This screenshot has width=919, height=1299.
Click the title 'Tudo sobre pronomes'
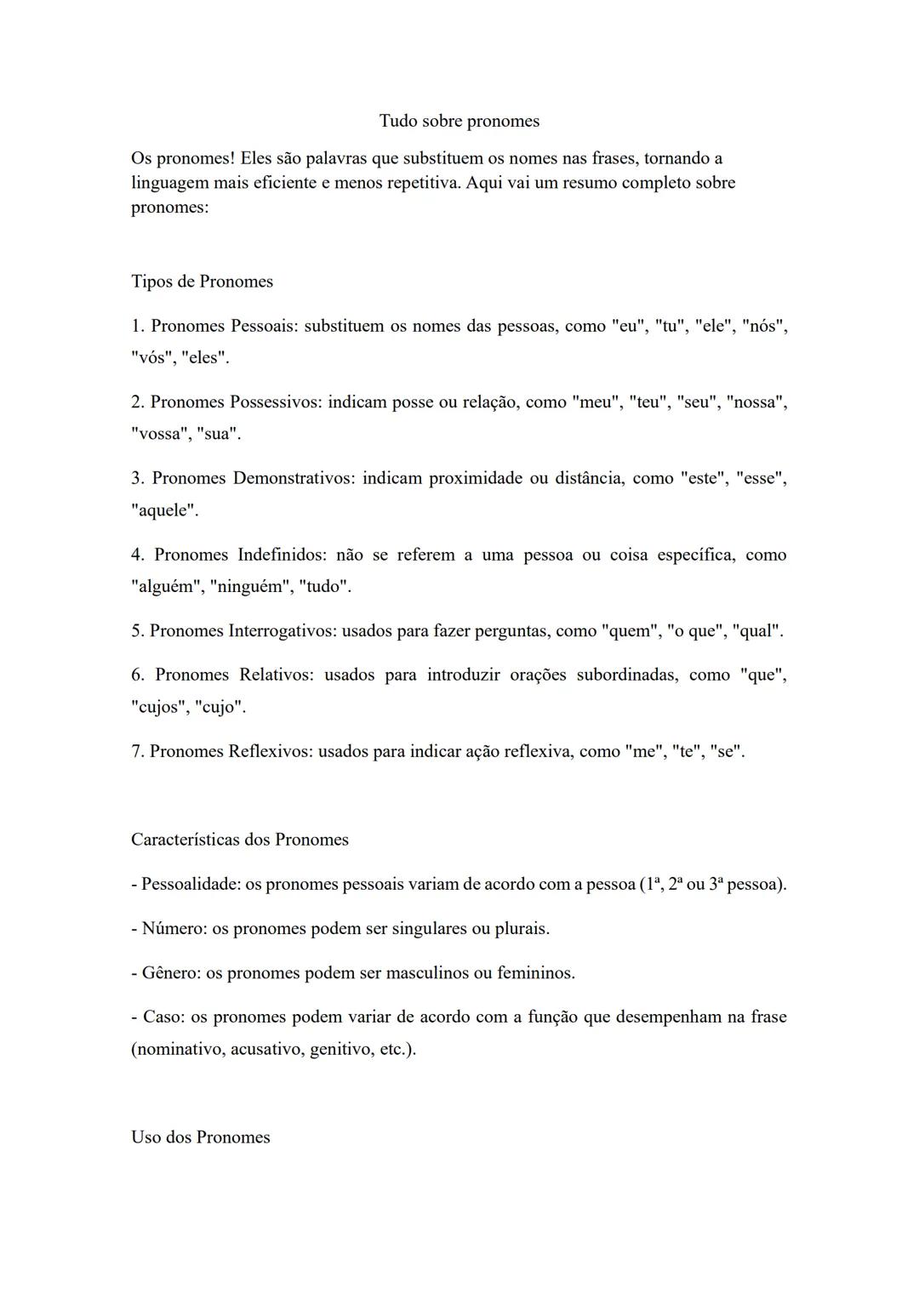pyautogui.click(x=459, y=121)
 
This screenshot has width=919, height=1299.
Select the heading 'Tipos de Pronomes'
pyautogui.click(x=202, y=282)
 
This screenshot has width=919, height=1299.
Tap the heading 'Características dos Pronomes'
pyautogui.click(x=239, y=840)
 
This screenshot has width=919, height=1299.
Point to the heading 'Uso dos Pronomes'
pyautogui.click(x=200, y=1137)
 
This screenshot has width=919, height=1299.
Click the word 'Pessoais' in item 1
pyautogui.click(x=264, y=326)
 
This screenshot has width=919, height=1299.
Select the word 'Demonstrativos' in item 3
pyautogui.click(x=293, y=478)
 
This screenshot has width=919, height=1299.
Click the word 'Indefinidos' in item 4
pyautogui.click(x=282, y=555)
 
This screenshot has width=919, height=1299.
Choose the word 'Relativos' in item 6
pyautogui.click(x=277, y=675)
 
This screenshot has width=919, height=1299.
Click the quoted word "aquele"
pyautogui.click(x=164, y=510)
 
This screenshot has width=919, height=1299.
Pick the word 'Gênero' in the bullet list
pyautogui.click(x=168, y=972)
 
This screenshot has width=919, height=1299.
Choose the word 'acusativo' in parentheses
pyautogui.click(x=265, y=1049)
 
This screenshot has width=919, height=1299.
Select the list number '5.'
pyautogui.click(x=137, y=631)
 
